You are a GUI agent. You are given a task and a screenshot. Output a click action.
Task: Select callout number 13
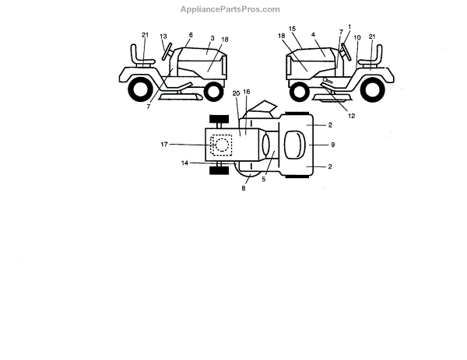click(163, 36)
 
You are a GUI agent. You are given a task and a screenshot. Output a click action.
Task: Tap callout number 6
click(191, 35)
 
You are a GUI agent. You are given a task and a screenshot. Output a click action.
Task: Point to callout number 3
click(212, 38)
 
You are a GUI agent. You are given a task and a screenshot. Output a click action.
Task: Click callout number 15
click(293, 29)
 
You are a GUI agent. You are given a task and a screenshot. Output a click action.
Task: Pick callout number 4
click(313, 35)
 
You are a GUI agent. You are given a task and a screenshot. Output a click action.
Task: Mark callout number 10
click(356, 37)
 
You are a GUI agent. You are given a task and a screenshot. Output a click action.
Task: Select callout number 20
click(235, 93)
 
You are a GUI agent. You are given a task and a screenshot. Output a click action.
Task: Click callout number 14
click(185, 163)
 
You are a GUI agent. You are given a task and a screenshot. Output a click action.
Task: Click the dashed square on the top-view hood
click(222, 145)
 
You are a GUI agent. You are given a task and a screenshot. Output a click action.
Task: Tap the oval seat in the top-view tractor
click(299, 145)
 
